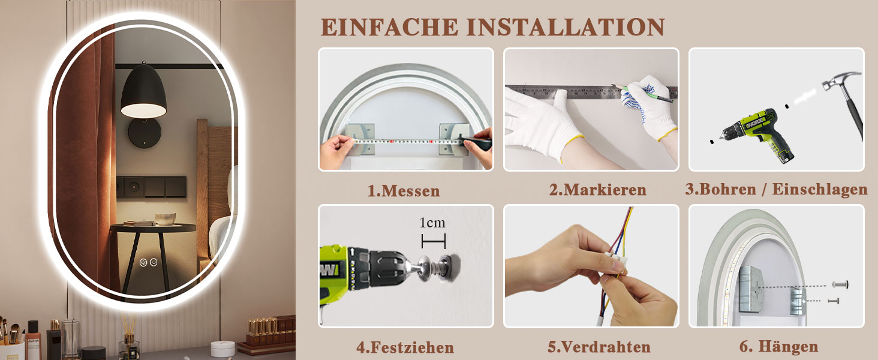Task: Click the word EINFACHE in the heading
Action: [x=390, y=27]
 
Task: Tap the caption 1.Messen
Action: [x=404, y=191]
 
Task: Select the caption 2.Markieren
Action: [x=597, y=190]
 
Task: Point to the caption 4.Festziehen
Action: [x=405, y=347]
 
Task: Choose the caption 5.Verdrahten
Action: [x=599, y=347]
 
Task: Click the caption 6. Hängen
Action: [x=778, y=347]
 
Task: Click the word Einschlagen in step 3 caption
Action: [x=820, y=190]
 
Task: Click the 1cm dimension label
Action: [x=432, y=223]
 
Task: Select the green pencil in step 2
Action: [x=643, y=94]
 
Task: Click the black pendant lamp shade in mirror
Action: [x=143, y=91]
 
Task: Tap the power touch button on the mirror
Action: [x=154, y=262]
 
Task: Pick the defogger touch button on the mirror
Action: [x=143, y=262]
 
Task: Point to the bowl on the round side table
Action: [x=166, y=218]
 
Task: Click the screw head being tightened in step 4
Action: [x=425, y=268]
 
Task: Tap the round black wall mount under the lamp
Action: [x=145, y=133]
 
